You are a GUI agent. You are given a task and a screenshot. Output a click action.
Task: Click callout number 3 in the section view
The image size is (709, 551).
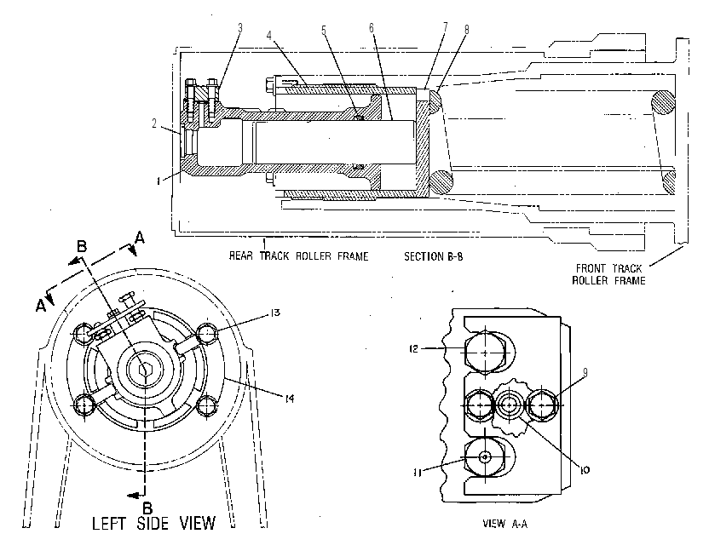tap(240, 28)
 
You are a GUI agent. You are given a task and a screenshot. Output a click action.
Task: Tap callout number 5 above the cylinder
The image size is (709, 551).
tap(324, 31)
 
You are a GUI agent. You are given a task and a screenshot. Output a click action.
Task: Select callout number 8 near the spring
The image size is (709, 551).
tap(467, 30)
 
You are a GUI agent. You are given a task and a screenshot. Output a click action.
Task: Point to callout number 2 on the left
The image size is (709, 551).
tap(154, 123)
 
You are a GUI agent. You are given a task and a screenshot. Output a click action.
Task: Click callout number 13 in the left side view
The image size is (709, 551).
tap(275, 313)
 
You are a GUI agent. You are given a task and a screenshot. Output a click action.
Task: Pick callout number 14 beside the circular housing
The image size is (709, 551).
tap(290, 399)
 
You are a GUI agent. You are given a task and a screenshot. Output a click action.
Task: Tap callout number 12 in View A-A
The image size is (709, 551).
tap(414, 349)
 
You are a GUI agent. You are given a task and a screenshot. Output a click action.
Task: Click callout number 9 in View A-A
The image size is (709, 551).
tap(585, 372)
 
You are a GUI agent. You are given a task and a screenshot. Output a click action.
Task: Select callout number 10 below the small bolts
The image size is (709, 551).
tap(585, 471)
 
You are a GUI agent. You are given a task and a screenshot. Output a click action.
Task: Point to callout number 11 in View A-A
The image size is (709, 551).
tap(418, 473)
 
